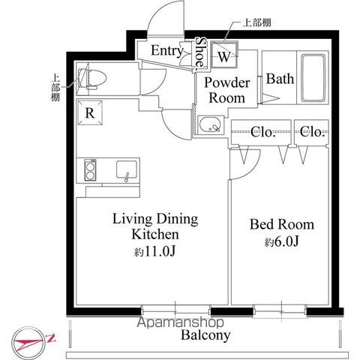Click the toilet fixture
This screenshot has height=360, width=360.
(x=92, y=78)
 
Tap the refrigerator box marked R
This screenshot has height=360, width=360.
(x=90, y=112)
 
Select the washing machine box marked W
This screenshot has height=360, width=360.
(x=224, y=55)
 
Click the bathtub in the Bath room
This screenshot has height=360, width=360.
(x=313, y=78)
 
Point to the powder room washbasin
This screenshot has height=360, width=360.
(x=210, y=124)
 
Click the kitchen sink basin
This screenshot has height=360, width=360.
(x=127, y=169)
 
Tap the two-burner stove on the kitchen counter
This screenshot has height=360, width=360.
(x=90, y=170)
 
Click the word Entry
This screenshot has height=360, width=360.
(x=167, y=50)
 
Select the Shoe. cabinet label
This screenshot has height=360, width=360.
(x=200, y=53)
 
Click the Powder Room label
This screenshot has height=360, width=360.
(x=227, y=90)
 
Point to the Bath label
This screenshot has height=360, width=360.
(x=280, y=79)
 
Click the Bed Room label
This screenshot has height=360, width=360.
(x=282, y=224)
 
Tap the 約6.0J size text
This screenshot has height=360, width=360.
(x=282, y=241)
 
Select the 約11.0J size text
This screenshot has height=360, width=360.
(x=154, y=251)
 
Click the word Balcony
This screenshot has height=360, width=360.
(x=205, y=335)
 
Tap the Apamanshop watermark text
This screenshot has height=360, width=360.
(x=180, y=322)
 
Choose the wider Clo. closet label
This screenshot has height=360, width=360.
(x=263, y=132)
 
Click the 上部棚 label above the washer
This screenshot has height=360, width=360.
(x=256, y=23)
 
